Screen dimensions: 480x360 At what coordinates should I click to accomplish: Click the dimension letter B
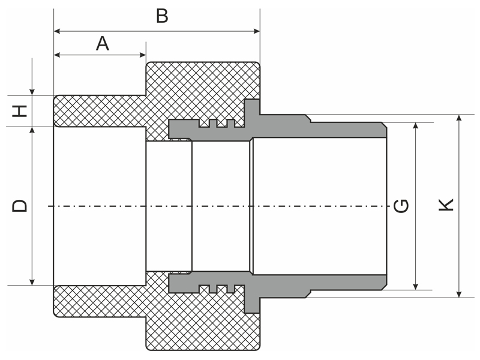[162, 16]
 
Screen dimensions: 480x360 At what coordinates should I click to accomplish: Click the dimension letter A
[102, 43]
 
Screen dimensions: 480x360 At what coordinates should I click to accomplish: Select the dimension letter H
[20, 111]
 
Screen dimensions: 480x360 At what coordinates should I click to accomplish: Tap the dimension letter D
[20, 206]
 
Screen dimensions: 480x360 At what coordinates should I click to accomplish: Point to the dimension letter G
[401, 206]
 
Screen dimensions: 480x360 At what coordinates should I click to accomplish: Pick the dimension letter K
[446, 205]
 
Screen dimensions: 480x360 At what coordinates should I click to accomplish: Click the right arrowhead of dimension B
[257, 31]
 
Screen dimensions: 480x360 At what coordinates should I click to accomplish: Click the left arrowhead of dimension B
[57, 31]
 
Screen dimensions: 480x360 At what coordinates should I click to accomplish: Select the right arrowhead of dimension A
[142, 55]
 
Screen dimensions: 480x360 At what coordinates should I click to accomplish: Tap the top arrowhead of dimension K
[458, 118]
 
